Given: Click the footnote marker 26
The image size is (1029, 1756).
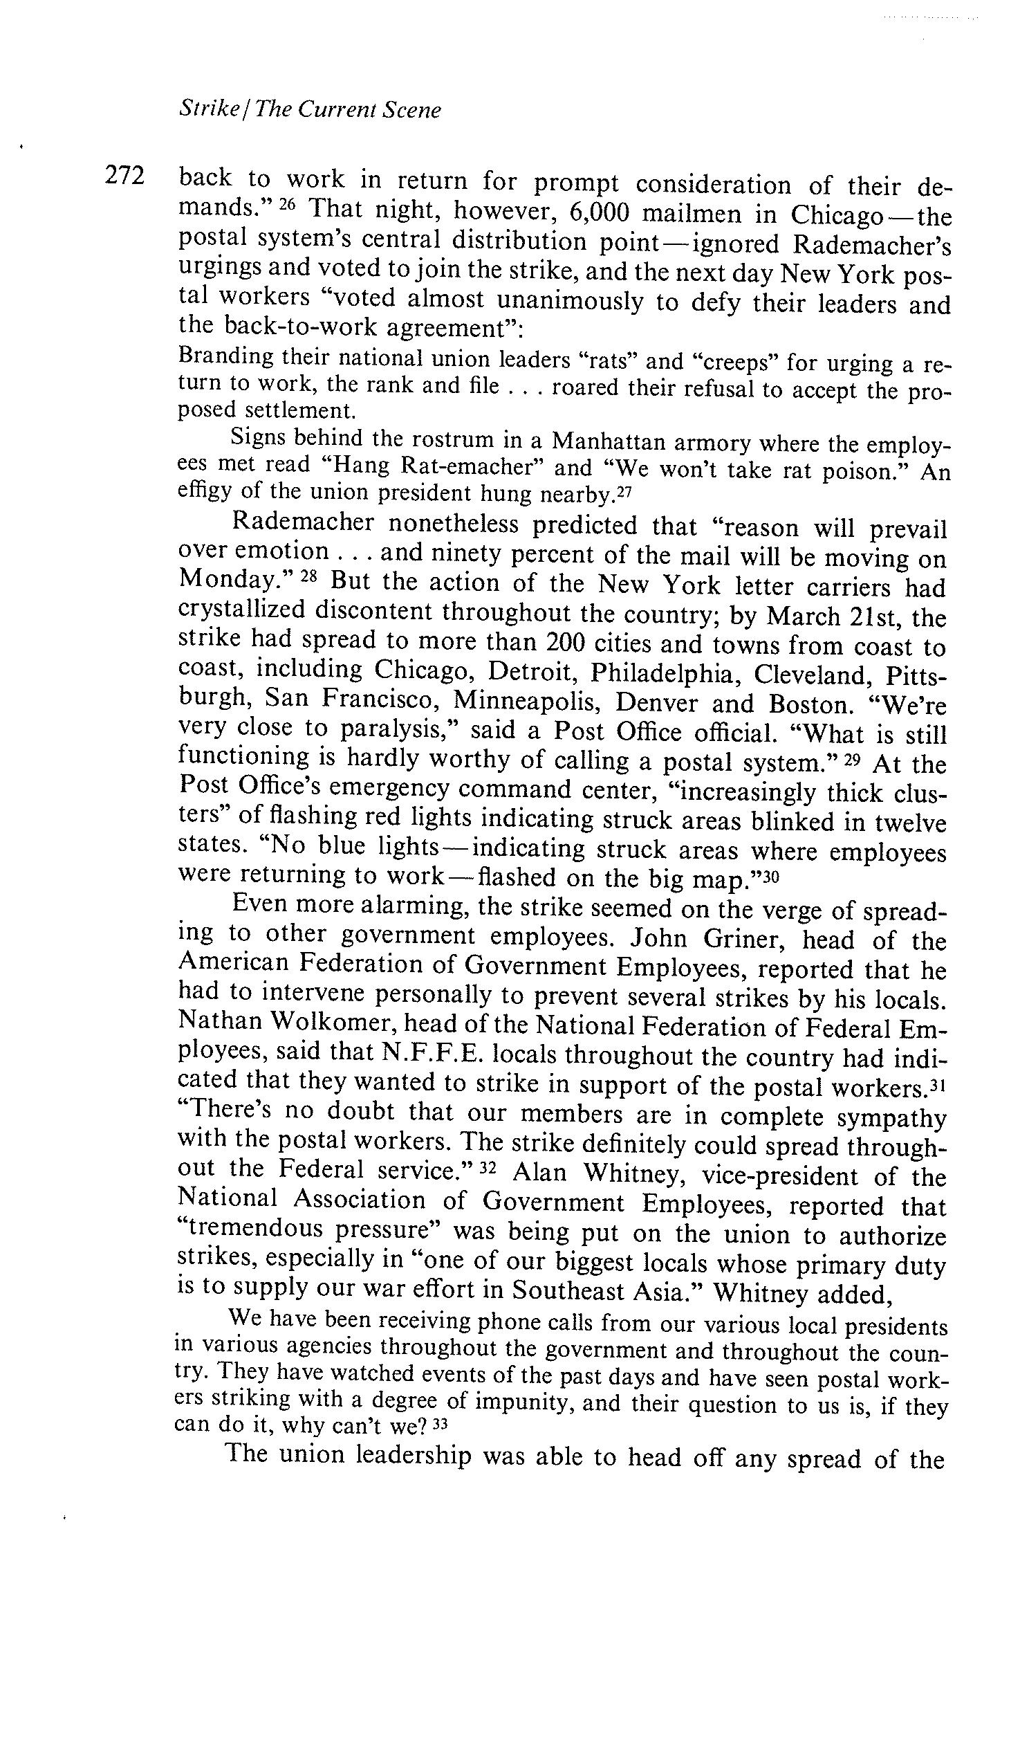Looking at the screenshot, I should point(288,205).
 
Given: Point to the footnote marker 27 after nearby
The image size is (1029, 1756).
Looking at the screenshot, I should point(624,493).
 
